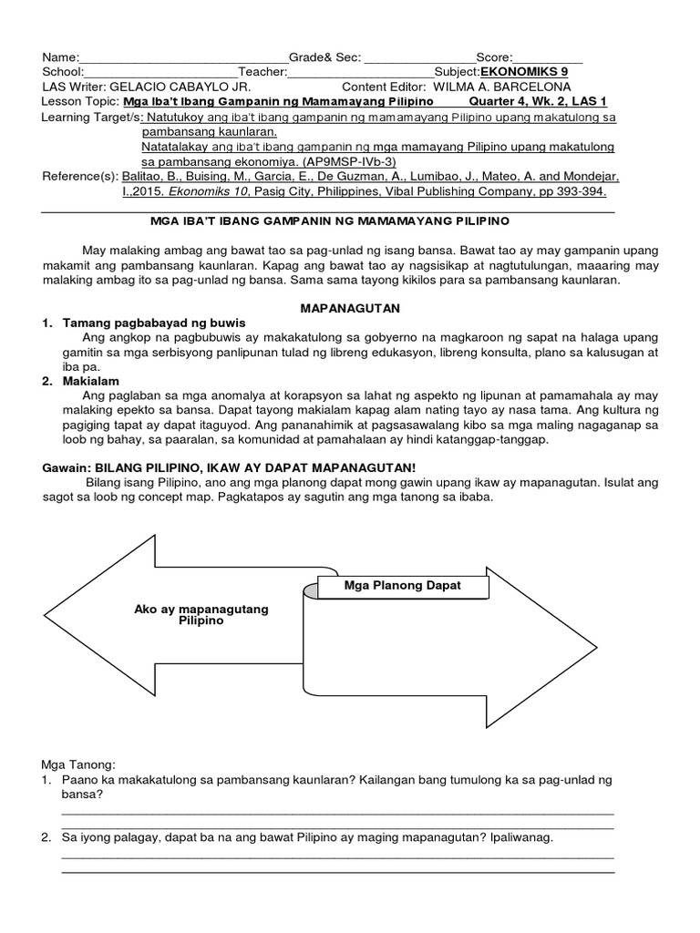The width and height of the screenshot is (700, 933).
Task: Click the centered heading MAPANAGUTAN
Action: point(350,309)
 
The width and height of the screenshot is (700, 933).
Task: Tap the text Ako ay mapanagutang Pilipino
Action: point(201,614)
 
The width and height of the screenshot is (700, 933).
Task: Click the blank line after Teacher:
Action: point(361,73)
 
